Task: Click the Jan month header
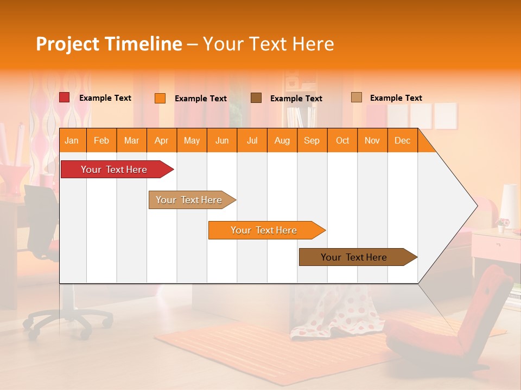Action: pyautogui.click(x=72, y=141)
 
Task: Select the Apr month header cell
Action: pyautogui.click(x=161, y=141)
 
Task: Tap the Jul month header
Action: pyautogui.click(x=252, y=141)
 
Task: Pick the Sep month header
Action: pyautogui.click(x=312, y=141)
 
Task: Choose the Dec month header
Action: pyautogui.click(x=402, y=141)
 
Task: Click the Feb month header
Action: pyautogui.click(x=101, y=141)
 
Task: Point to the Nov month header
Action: pyautogui.click(x=372, y=141)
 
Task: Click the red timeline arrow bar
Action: pyautogui.click(x=115, y=170)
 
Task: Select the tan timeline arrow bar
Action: pyautogui.click(x=189, y=200)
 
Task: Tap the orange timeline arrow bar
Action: pyautogui.click(x=264, y=230)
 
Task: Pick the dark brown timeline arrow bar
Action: pyautogui.click(x=354, y=257)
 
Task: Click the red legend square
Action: pyautogui.click(x=65, y=97)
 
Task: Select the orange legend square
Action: pyautogui.click(x=160, y=98)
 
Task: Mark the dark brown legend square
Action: pyautogui.click(x=256, y=97)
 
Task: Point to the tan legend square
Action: pyautogui.click(x=357, y=97)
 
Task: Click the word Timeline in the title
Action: pyautogui.click(x=143, y=44)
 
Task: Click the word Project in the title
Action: pyautogui.click(x=68, y=44)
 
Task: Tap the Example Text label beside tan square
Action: pyautogui.click(x=396, y=98)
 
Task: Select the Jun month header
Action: pyautogui.click(x=222, y=141)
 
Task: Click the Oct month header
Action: pyautogui.click(x=342, y=141)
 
